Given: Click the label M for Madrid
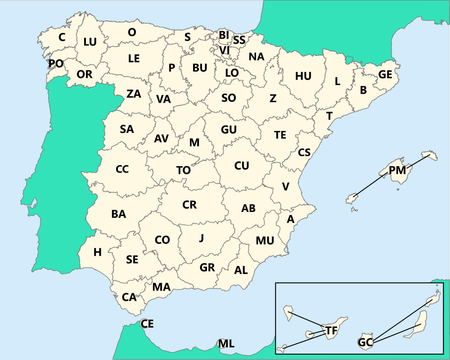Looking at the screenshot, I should point(194,143).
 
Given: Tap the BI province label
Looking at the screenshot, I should point(224,35).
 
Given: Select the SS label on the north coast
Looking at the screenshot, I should point(239,40).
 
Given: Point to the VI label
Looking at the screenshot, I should point(225,49).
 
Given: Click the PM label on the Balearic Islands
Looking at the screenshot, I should point(397,171).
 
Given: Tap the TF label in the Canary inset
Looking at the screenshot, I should point(331,331).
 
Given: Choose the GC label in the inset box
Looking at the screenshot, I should point(365,342).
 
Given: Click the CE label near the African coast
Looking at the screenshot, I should point(147,324).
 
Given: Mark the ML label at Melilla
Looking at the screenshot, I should point(226,344).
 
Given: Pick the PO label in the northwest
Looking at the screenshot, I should point(56,63).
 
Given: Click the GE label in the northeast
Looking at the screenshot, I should point(385,75).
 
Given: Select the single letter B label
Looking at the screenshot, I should point(364,90).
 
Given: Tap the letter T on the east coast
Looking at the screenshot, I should point(329,116).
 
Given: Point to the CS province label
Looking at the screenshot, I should point(304,153).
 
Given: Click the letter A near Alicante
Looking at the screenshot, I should point(291,219).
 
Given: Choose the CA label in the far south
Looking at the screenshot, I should point(129,297).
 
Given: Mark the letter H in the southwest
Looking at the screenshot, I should point(98,252).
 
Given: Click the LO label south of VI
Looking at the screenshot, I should point(232,72).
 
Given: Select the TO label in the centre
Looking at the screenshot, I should point(184,171).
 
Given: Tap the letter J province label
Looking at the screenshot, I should point(202,238).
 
